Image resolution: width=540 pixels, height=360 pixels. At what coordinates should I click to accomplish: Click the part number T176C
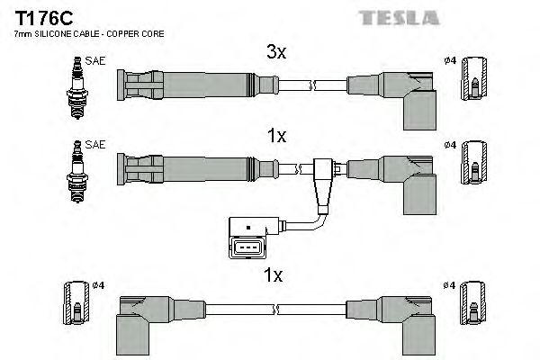(41, 18)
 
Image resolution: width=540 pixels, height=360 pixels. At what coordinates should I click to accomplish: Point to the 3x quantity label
(276, 52)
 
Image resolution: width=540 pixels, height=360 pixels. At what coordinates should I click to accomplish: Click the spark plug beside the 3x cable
(76, 84)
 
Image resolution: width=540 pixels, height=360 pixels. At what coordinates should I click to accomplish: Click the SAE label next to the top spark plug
(94, 60)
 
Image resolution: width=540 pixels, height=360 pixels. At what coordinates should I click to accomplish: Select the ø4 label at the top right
(451, 60)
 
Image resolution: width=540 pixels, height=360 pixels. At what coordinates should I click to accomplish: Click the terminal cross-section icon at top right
(473, 86)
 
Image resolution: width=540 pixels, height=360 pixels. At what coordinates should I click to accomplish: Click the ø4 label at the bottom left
(97, 285)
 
